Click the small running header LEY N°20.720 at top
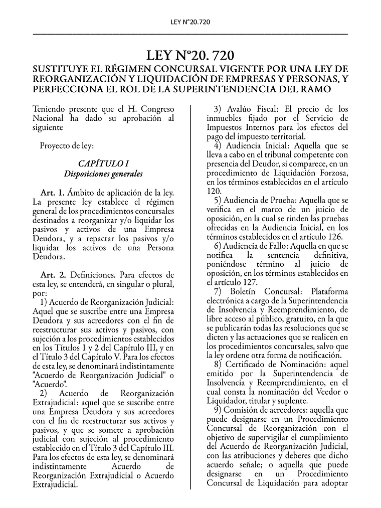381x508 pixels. [190, 22]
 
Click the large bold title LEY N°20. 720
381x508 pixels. [190, 55]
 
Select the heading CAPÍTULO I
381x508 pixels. [103, 163]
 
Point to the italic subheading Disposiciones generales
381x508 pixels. [103, 174]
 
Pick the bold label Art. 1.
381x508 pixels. [53, 193]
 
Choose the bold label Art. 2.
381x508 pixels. [53, 275]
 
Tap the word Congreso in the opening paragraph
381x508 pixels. [157, 109]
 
